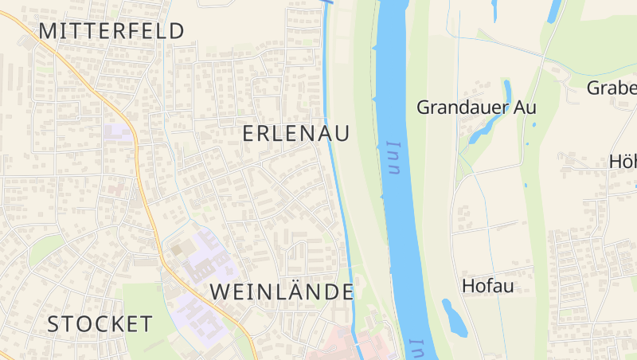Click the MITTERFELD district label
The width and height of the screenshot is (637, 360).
pyautogui.click(x=111, y=31)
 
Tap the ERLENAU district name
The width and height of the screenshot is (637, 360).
pyautogui.click(x=295, y=134)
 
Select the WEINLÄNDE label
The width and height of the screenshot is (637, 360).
pyautogui.click(x=282, y=292)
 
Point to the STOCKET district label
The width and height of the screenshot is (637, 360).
pyautogui.click(x=100, y=324)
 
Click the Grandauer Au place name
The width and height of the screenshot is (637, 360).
pyautogui.click(x=476, y=107)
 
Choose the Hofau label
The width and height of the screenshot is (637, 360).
pyautogui.click(x=487, y=285)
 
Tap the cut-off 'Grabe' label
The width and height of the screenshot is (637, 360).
pyautogui.click(x=612, y=88)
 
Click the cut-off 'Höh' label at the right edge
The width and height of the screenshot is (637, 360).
pyautogui.click(x=623, y=161)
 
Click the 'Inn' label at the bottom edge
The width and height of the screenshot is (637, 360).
pyautogui.click(x=415, y=349)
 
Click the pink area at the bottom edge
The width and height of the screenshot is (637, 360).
pyautogui.click(x=350, y=346)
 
